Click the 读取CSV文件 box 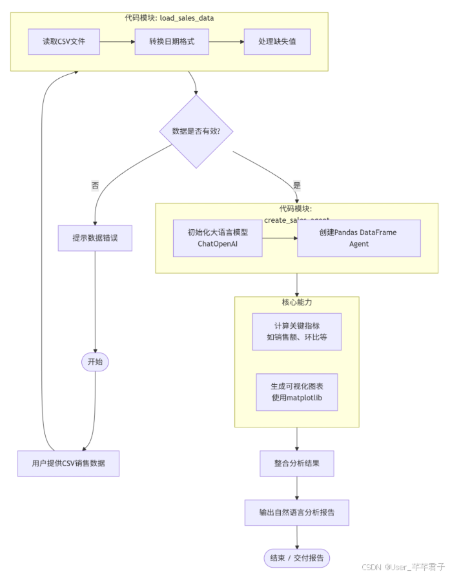click(x=64, y=41)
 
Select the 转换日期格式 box click(x=172, y=41)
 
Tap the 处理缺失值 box click(x=276, y=41)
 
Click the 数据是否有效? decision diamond click(x=196, y=131)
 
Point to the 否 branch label click(x=95, y=185)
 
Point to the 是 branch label click(x=297, y=185)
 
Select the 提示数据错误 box click(x=95, y=238)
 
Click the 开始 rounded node click(x=95, y=362)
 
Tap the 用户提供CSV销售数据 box click(x=68, y=463)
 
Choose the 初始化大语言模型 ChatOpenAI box click(x=218, y=238)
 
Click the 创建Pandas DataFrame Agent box click(x=358, y=238)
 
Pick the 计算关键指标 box click(x=296, y=331)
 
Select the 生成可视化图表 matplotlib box click(x=296, y=392)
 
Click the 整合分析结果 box click(x=296, y=463)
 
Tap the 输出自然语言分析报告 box click(x=296, y=512)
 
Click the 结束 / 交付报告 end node click(x=297, y=558)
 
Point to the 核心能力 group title click(x=297, y=302)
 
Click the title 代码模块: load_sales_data click(x=169, y=18)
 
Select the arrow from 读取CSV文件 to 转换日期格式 click(x=118, y=42)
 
